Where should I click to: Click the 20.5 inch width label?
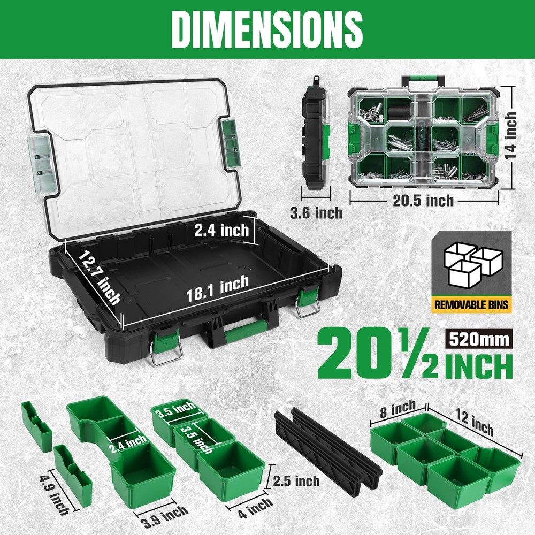click(419, 201)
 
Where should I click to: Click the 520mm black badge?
click(478, 339)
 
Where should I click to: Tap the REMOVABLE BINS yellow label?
click(471, 305)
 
